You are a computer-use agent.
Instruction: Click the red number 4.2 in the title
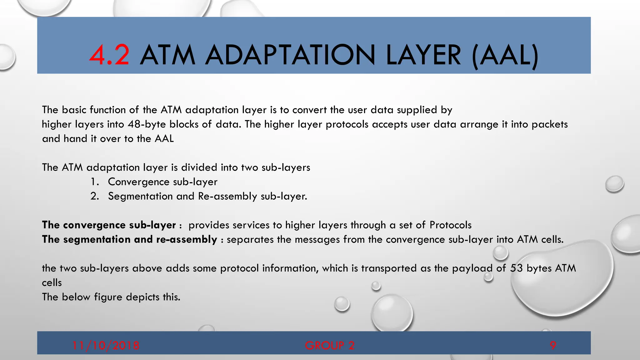[109, 55]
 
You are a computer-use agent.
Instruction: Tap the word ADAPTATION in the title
[289, 55]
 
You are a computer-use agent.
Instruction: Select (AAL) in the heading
[505, 55]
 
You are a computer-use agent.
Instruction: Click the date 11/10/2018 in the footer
[106, 345]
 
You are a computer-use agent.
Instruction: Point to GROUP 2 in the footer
[330, 345]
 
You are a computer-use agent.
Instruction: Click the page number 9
[553, 345]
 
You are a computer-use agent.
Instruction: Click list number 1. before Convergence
[94, 182]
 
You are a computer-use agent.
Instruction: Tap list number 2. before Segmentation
[94, 196]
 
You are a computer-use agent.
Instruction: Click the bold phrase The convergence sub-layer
[109, 225]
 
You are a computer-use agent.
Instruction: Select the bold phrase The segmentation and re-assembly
[129, 239]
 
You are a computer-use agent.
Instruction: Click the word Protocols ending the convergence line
[450, 225]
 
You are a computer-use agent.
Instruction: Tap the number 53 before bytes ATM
[516, 268]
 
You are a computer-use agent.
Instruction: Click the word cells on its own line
[52, 282]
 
